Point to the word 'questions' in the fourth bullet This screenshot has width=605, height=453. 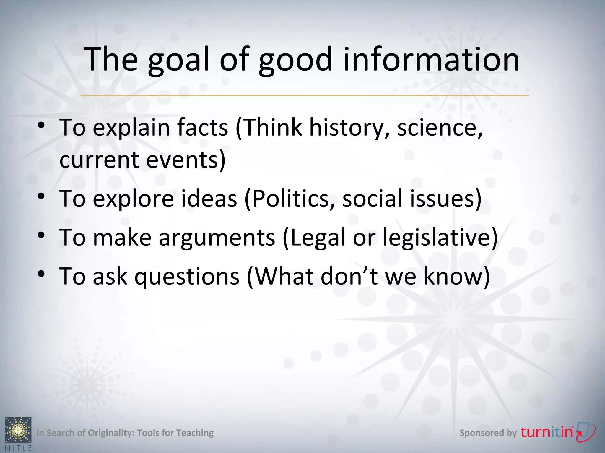point(187,277)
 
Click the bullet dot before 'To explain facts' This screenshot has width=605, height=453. point(41,125)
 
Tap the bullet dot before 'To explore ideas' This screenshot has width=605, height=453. point(41,196)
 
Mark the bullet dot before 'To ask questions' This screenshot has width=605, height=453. point(41,274)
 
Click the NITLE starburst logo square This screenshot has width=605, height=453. point(18,430)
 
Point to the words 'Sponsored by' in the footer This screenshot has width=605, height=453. point(488,433)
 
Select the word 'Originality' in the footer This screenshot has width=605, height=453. point(111,433)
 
